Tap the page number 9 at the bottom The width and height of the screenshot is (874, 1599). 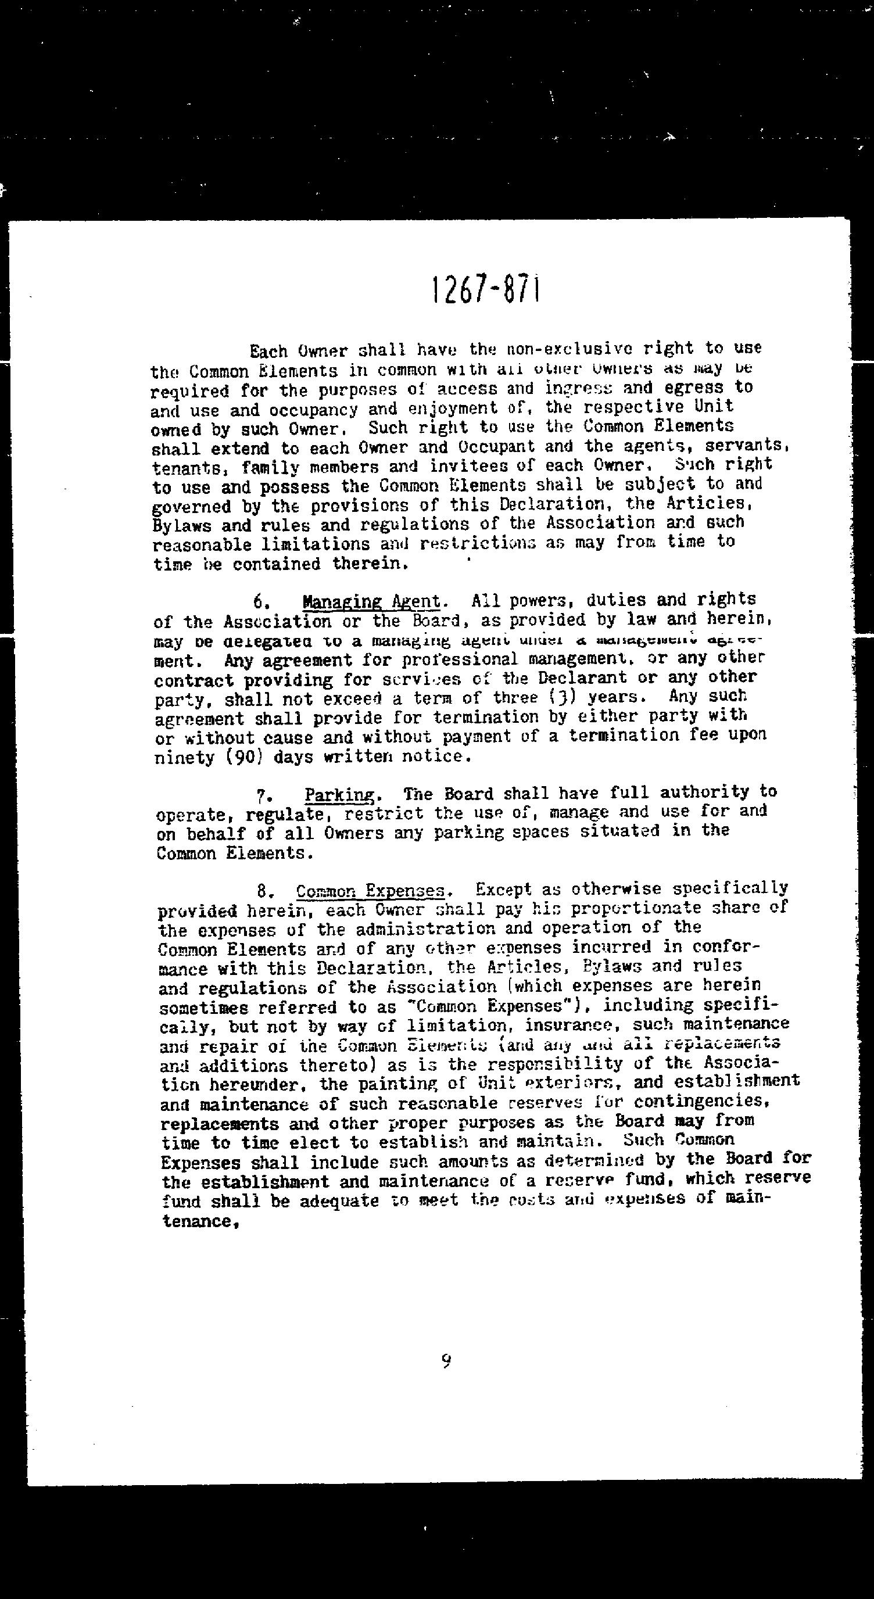click(x=446, y=1361)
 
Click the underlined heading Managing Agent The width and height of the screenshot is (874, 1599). click(x=371, y=601)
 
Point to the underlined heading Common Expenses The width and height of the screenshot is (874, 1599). click(x=371, y=891)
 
